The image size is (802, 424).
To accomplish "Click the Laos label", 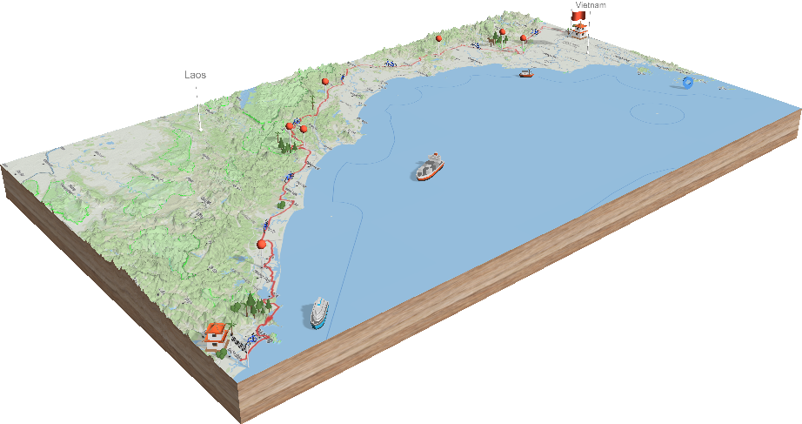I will click(193, 75).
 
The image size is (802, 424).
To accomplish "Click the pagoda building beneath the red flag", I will click(578, 32).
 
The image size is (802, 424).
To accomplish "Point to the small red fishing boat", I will click(525, 73).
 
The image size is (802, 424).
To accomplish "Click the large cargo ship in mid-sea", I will click(430, 168).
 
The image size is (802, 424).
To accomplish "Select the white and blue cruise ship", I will click(319, 312).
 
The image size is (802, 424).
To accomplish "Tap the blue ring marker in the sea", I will click(688, 83).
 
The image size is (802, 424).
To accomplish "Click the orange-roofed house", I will click(215, 334).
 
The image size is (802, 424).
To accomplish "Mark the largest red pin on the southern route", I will click(262, 245).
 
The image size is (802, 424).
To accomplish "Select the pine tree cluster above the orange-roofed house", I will click(253, 304).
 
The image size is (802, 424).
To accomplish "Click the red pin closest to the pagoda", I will click(524, 37).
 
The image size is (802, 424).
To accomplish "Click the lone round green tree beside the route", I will click(280, 205).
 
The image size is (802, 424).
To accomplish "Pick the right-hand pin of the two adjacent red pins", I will click(304, 129).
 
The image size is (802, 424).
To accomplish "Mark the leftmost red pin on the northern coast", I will click(325, 81).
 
